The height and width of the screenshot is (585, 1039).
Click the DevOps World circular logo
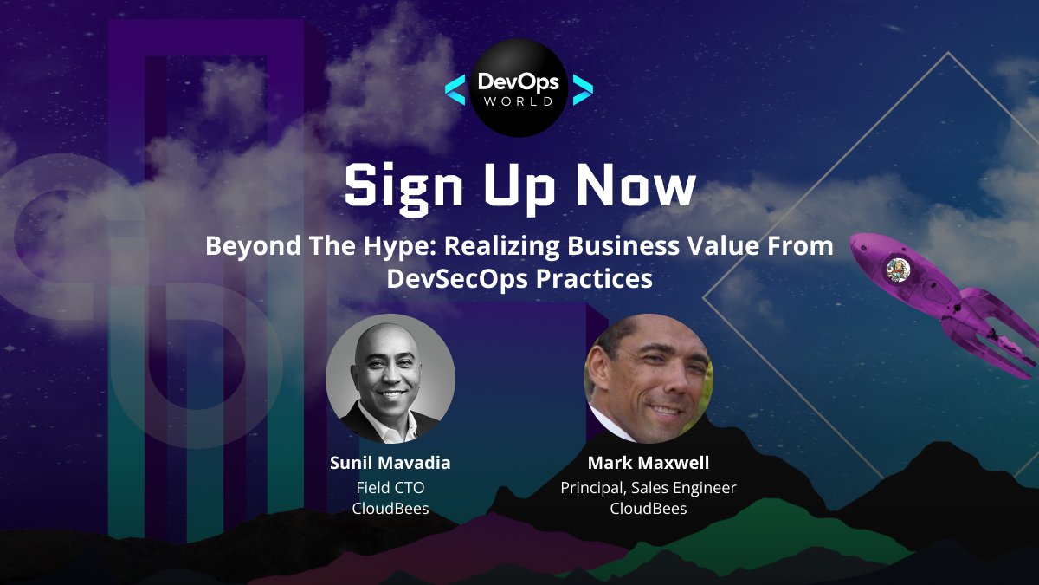pos(519,88)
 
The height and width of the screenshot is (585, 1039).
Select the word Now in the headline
pos(638,185)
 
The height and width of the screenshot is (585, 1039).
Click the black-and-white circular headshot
pos(390,379)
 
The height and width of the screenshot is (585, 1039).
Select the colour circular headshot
pos(649,379)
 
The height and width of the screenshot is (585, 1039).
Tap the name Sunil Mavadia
pos(390,463)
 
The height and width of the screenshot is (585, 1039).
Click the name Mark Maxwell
pos(649,462)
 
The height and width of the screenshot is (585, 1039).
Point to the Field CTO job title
pos(390,487)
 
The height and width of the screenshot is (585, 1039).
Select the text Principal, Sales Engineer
pos(649,488)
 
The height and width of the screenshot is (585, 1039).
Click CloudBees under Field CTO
pos(390,509)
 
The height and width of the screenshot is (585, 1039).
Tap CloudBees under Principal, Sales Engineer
pos(649,509)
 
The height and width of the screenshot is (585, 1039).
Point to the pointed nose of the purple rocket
pos(855,238)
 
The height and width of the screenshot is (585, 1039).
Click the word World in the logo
pos(519,102)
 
